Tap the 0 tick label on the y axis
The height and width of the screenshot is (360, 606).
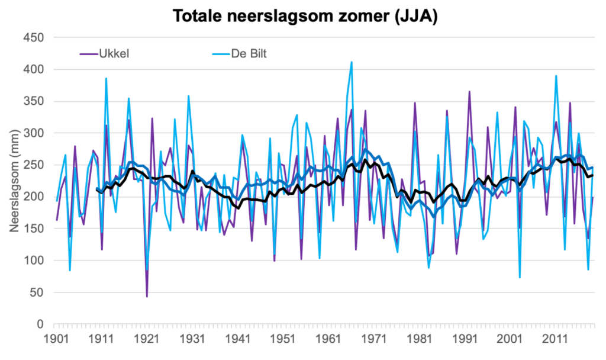(x=40, y=324)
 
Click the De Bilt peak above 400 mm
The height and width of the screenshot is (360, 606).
(x=352, y=62)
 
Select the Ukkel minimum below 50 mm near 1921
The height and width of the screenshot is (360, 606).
(x=147, y=296)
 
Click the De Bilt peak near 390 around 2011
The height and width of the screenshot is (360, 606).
(x=556, y=76)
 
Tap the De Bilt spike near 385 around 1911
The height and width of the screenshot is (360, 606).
(x=107, y=79)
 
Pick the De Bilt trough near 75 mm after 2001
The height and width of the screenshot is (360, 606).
(x=520, y=277)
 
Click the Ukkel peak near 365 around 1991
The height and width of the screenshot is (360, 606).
(x=469, y=92)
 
